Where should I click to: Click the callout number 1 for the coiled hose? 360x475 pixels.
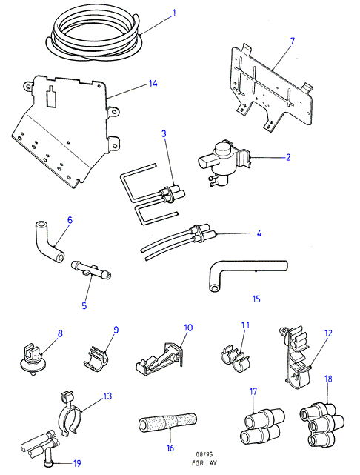174,13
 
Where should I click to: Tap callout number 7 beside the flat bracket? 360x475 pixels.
292,41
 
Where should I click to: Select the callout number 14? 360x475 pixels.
153,83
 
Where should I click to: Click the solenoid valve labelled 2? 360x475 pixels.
224,162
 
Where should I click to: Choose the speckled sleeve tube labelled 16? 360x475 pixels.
167,422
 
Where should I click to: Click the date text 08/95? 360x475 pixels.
204,454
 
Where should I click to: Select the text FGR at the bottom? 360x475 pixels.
198,463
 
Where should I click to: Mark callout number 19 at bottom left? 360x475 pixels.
77,463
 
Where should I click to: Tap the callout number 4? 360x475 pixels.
259,233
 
